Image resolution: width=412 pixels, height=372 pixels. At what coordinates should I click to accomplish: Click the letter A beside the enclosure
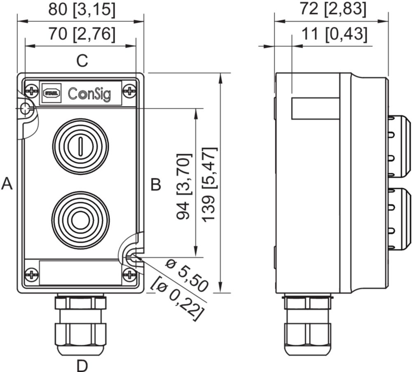coord(7,184)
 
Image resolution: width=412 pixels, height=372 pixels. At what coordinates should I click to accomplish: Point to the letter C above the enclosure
coord(82,61)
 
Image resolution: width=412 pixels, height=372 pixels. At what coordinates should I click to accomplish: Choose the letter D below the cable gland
coord(82,365)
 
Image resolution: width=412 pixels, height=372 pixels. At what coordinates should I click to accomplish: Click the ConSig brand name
coord(89,93)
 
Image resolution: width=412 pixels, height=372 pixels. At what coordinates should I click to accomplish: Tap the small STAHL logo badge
coord(51,93)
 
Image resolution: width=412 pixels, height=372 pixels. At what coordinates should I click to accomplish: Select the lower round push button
coord(80,219)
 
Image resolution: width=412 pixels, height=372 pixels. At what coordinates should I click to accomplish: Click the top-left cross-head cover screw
coord(31,91)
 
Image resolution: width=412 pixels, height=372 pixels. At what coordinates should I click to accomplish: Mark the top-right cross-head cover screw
coord(130,91)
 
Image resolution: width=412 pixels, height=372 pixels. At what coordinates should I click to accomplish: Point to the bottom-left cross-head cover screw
coord(31,274)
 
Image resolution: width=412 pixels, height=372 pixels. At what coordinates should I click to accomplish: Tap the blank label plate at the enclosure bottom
coord(81,272)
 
